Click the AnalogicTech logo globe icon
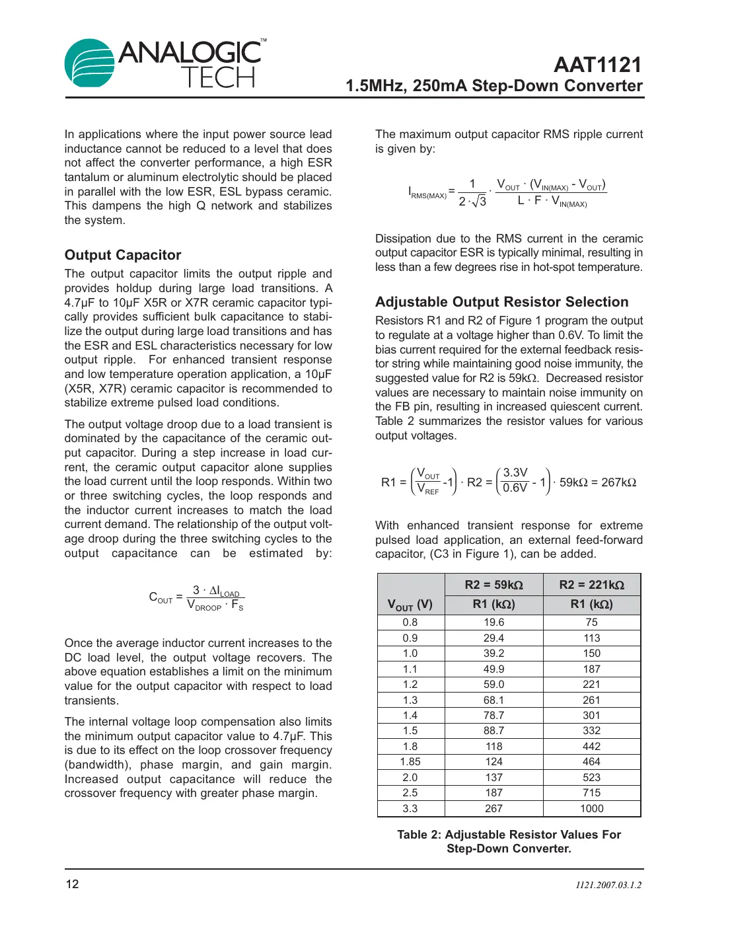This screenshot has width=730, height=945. (x=90, y=63)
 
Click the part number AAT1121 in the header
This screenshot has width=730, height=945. (x=597, y=65)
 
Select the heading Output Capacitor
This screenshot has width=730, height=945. (x=123, y=255)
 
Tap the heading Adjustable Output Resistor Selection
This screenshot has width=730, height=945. (x=501, y=302)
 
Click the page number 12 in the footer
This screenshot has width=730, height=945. (x=72, y=884)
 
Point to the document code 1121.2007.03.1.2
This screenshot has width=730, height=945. (x=608, y=885)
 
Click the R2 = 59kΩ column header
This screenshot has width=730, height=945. (x=493, y=585)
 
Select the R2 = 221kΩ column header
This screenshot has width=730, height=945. (x=591, y=585)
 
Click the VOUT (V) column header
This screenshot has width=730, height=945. (x=410, y=604)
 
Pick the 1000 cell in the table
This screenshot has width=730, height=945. (x=591, y=808)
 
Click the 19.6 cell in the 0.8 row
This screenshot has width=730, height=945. (x=493, y=623)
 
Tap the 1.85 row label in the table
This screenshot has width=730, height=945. (x=410, y=762)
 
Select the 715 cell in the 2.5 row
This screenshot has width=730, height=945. (x=591, y=793)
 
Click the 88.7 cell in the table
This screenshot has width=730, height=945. (x=493, y=731)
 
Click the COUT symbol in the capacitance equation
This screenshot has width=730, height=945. (x=161, y=598)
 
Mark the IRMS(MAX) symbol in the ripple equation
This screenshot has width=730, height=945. (x=427, y=193)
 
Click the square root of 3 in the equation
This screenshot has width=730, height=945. (x=480, y=201)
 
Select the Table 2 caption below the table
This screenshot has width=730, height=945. (x=509, y=841)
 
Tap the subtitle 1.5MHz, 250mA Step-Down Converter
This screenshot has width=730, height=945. (x=493, y=86)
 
